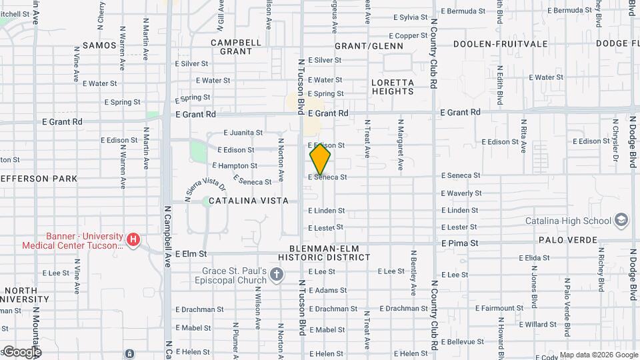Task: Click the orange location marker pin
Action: click(321, 159)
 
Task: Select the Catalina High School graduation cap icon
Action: click(621, 221)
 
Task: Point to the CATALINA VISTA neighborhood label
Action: click(249, 201)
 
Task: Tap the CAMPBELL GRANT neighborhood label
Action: click(236, 47)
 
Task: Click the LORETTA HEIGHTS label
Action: click(393, 87)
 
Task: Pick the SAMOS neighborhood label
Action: click(99, 46)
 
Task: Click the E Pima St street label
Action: click(459, 244)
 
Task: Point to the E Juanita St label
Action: click(244, 133)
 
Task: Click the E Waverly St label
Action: click(461, 193)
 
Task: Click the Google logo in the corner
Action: click(22, 352)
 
